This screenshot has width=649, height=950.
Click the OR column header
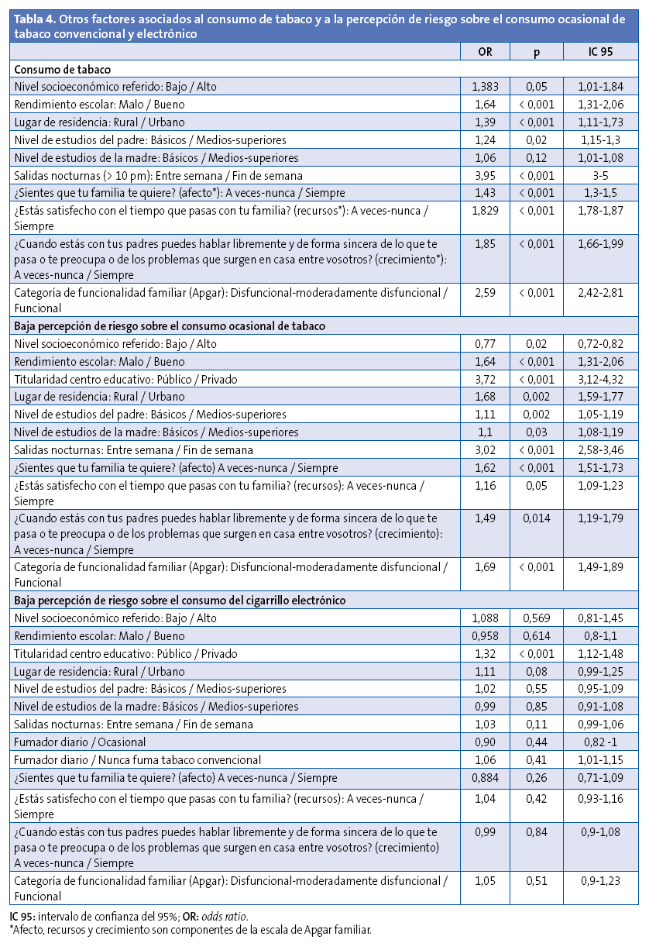pyautogui.click(x=484, y=52)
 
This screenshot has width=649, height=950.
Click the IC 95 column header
pyautogui.click(x=601, y=52)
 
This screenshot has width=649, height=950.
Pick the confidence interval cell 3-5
pyautogui.click(x=601, y=176)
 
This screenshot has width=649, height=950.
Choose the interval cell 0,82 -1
pyautogui.click(x=601, y=742)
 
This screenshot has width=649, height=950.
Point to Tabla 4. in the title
pyautogui.click(x=33, y=19)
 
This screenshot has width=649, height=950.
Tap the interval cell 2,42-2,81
pyautogui.click(x=601, y=291)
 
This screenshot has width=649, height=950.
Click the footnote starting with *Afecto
pyautogui.click(x=190, y=930)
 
